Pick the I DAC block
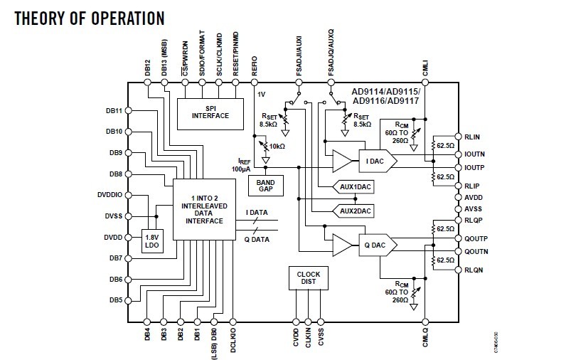pyautogui.click(x=375, y=162)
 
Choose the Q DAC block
pyautogui.click(x=375, y=245)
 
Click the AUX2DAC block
pyautogui.click(x=356, y=211)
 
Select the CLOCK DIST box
pyautogui.click(x=309, y=277)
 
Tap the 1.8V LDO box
pyautogui.click(x=151, y=241)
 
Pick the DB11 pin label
pyautogui.click(x=114, y=111)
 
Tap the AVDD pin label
pyautogui.click(x=473, y=197)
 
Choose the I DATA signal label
pyautogui.click(x=257, y=212)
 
